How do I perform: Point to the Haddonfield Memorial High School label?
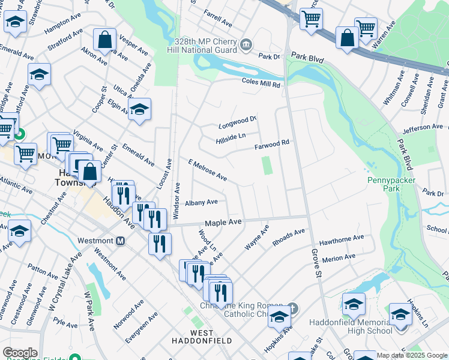coord(351,326)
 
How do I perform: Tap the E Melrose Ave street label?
coord(207,170)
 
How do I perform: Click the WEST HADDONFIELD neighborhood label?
coord(202,337)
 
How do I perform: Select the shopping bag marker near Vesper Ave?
coord(104,40)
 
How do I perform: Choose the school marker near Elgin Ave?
coord(139,109)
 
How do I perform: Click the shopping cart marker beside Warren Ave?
coord(366,28)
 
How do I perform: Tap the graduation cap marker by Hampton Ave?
coord(15,22)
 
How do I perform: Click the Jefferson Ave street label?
coord(423,128)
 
